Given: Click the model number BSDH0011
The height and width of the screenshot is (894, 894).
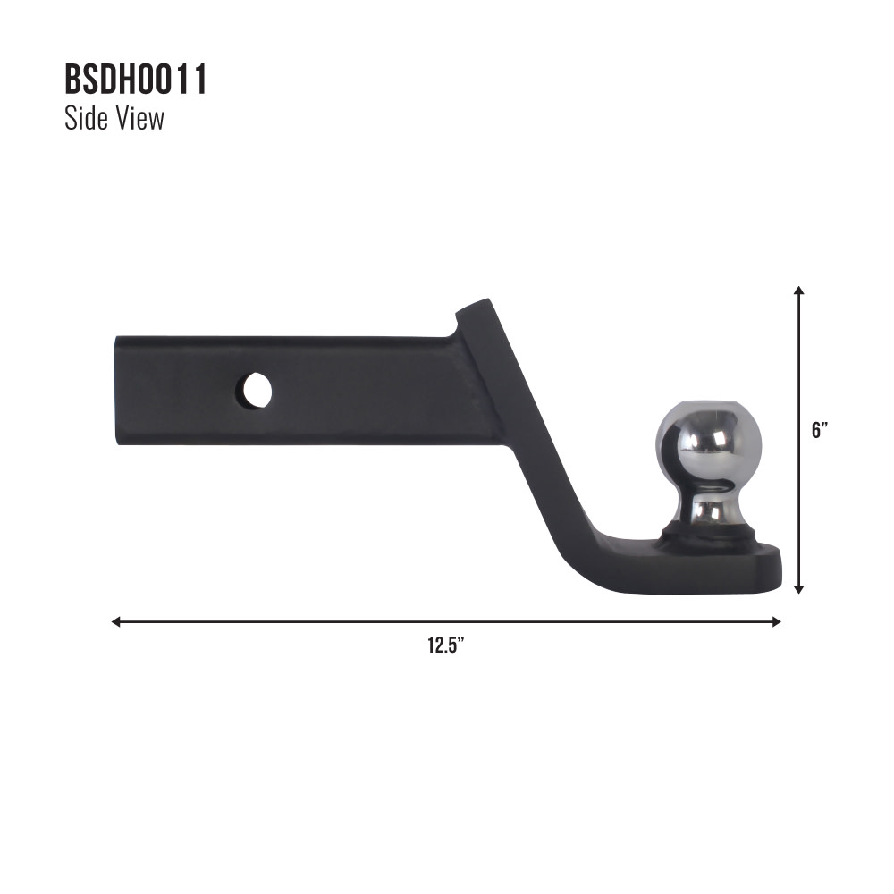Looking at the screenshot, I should (136, 80).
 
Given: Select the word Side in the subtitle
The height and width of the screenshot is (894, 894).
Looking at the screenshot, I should (85, 119).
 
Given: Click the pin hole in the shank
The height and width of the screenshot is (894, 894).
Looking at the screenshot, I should (255, 391).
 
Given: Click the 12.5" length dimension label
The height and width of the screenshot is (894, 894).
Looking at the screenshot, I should (445, 645).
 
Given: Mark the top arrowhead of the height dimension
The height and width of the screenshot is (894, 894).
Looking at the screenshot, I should (798, 291).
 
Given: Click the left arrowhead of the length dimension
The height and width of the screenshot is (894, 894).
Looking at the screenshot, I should (115, 621).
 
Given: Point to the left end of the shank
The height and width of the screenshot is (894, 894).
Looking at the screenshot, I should (118, 390).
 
